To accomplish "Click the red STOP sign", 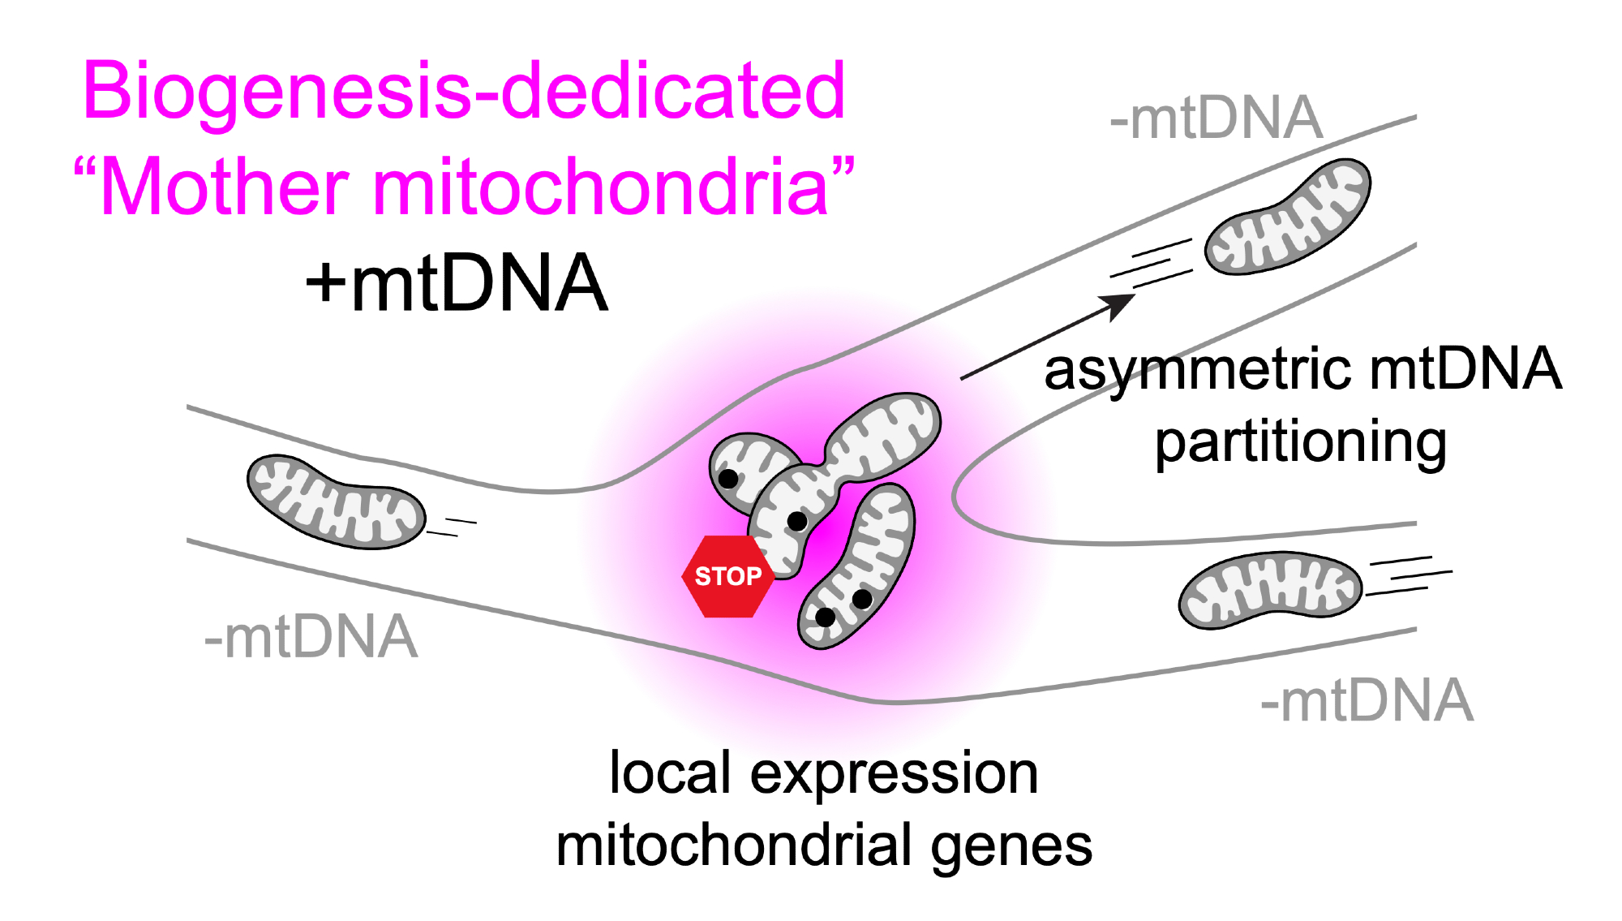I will [727, 576].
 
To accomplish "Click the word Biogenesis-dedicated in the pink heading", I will [464, 91].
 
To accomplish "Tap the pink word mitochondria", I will [600, 187].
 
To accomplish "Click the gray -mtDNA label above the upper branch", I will [1216, 118].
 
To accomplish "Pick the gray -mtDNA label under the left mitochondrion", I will [311, 637].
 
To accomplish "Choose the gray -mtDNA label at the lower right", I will [1367, 701].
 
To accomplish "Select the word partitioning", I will [1301, 443].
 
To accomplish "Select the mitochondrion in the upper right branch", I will [1287, 217].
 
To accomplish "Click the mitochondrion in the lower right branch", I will [1269, 590].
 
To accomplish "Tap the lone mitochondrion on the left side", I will [336, 501].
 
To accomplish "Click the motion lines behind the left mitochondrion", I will [453, 527].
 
